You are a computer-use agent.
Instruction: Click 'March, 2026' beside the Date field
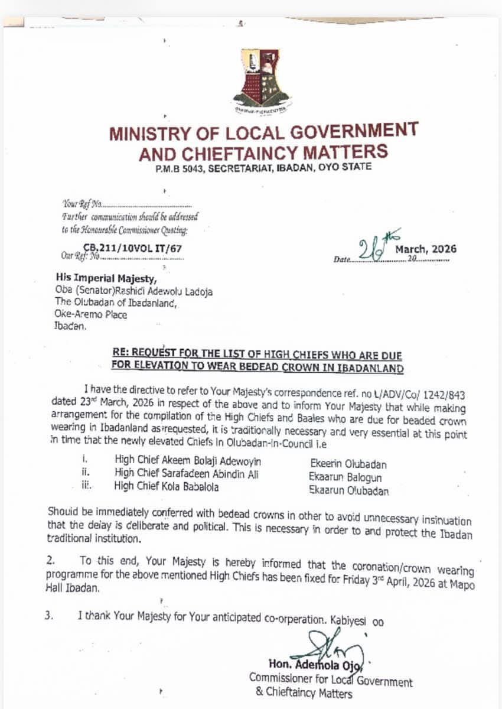pyautogui.click(x=425, y=249)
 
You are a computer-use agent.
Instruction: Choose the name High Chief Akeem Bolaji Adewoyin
pyautogui.click(x=188, y=461)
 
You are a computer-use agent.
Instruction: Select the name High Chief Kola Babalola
pyautogui.click(x=167, y=486)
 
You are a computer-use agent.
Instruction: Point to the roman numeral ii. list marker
pyautogui.click(x=85, y=473)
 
